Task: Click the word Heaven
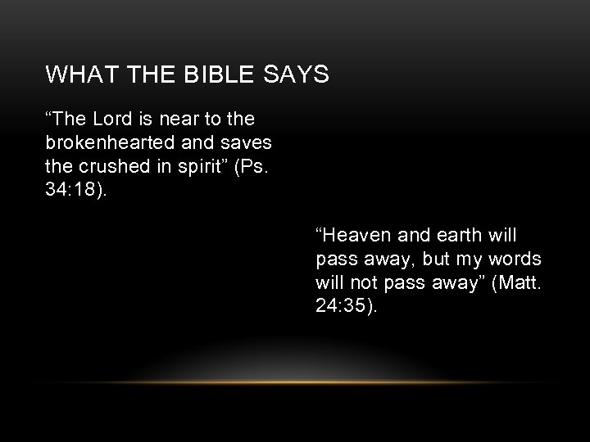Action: [x=356, y=237]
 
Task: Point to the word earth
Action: [x=460, y=237]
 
